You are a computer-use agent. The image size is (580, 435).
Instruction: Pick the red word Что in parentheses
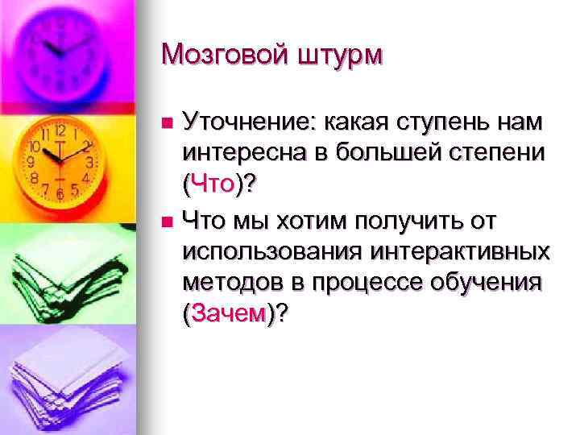pos(213,184)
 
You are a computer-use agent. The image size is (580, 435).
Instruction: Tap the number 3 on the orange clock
pos(90,162)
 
